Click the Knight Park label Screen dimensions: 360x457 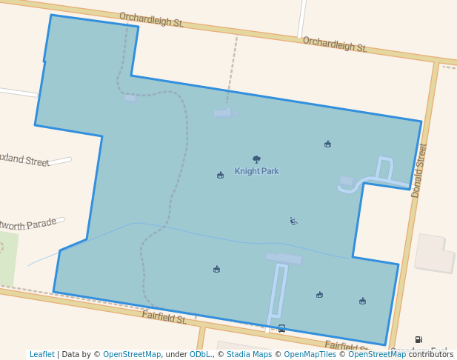[256, 171]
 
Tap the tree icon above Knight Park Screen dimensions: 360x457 [256, 159]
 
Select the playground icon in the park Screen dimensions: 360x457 [293, 221]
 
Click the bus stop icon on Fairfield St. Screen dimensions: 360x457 [281, 328]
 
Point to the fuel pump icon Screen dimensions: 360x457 [418, 339]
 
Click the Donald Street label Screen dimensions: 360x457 [420, 170]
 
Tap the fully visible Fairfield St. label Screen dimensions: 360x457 [164, 318]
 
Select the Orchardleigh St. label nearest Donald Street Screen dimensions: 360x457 [335, 44]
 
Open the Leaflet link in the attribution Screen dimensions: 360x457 [41, 355]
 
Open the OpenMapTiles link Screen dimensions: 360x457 [307, 355]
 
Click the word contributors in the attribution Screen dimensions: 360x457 [431, 355]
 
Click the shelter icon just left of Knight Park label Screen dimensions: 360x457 [220, 176]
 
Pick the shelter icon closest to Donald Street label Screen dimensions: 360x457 [327, 144]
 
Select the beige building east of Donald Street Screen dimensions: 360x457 [434, 253]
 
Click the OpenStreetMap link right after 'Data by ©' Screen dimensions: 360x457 [132, 355]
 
